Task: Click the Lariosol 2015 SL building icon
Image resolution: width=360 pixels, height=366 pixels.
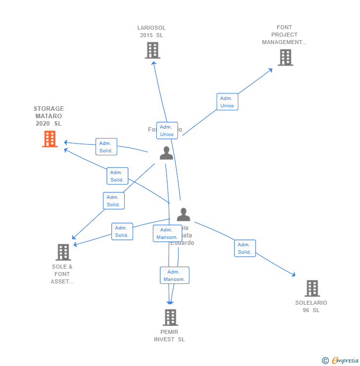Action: [x=152, y=50]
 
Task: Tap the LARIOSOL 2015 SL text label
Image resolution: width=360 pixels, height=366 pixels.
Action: [x=151, y=32]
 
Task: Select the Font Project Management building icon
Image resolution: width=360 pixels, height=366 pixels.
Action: [x=285, y=58]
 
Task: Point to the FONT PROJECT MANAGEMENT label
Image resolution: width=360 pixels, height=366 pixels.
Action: [x=284, y=35]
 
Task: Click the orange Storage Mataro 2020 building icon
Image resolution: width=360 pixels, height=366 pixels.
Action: [x=49, y=139]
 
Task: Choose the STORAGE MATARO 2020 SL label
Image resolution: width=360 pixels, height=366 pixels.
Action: [x=48, y=116]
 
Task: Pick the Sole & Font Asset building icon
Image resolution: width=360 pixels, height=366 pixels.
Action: [x=63, y=252]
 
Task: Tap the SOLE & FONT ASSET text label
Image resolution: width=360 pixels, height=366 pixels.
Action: [x=62, y=274]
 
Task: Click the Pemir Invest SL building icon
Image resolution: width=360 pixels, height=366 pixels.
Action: [x=170, y=318]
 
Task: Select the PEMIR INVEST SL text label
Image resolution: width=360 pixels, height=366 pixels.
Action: [x=169, y=335]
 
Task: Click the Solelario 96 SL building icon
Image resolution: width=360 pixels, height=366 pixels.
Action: [x=312, y=288]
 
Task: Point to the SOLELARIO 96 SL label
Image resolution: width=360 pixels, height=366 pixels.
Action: [x=311, y=306]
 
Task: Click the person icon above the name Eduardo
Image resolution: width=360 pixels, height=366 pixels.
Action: [x=183, y=215]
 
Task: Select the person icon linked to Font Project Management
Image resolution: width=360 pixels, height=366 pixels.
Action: [x=166, y=153]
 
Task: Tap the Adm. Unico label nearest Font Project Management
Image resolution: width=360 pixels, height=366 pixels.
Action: [x=227, y=102]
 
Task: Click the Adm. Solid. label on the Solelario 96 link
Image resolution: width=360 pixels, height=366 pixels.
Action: [x=245, y=248]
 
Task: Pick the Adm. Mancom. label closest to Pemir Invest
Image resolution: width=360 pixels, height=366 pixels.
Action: [x=174, y=275]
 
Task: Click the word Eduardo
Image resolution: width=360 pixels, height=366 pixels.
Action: [x=182, y=243]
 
